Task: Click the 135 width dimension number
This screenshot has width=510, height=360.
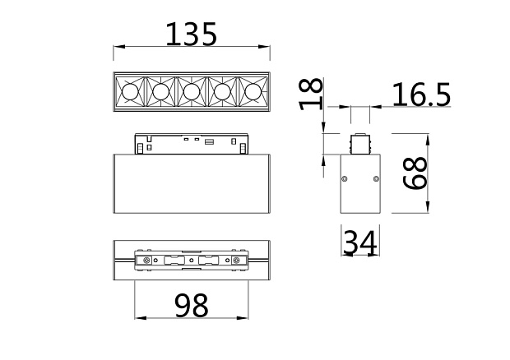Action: [x=191, y=34]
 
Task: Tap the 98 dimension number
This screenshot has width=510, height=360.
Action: [x=191, y=305]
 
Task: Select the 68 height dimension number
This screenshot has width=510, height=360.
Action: [x=415, y=173]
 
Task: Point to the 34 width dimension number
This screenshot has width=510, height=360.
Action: [x=360, y=242]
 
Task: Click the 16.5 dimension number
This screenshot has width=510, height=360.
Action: [x=421, y=95]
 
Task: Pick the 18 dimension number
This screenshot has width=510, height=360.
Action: [x=311, y=95]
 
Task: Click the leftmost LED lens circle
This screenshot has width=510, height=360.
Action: [x=130, y=92]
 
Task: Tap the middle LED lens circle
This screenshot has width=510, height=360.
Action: [x=192, y=92]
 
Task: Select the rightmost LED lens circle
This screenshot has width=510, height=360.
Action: [x=253, y=92]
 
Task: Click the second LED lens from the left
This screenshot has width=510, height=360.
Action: [x=160, y=92]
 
